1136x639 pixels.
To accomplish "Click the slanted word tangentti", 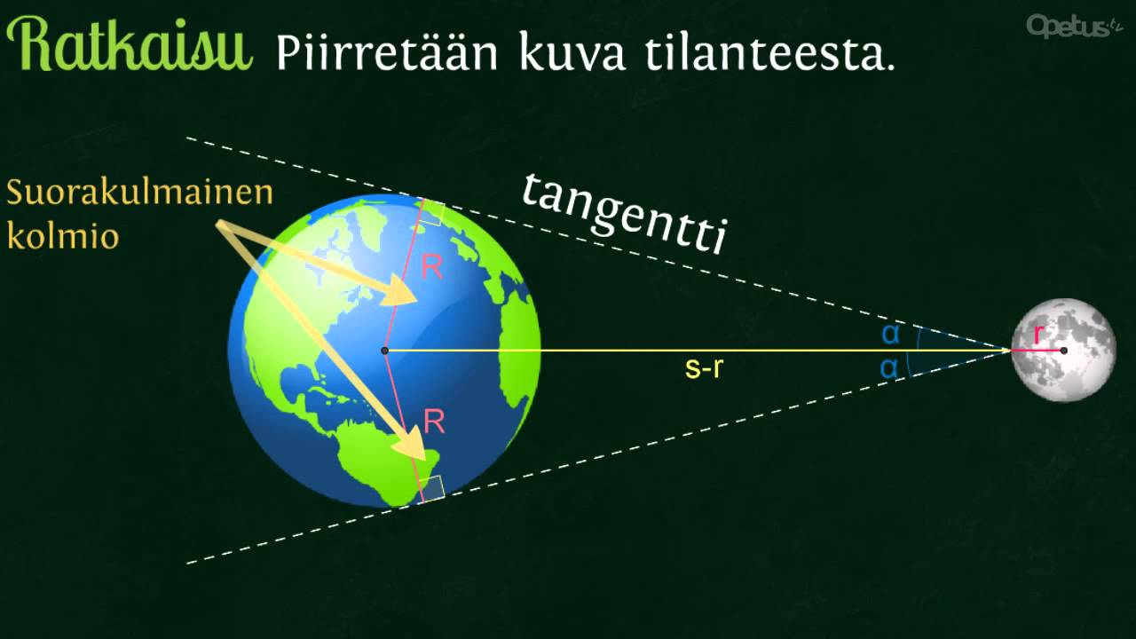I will tap(624, 213).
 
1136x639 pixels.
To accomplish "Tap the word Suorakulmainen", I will tap(139, 193).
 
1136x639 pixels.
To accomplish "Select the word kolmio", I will tap(62, 236).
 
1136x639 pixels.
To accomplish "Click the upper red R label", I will tap(431, 268).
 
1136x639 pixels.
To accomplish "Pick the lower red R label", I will tap(434, 422).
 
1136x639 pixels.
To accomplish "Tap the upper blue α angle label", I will tap(890, 334).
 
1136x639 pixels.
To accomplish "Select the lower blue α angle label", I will tap(888, 368).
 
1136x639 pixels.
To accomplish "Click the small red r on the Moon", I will tap(1037, 335).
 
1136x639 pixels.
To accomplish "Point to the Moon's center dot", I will tap(1063, 351).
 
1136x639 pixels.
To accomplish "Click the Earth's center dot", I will tap(385, 351).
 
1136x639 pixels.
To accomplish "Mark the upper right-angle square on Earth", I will tap(432, 213).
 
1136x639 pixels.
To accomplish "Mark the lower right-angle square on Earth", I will tap(432, 487).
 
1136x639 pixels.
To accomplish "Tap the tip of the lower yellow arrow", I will tap(425, 458).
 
